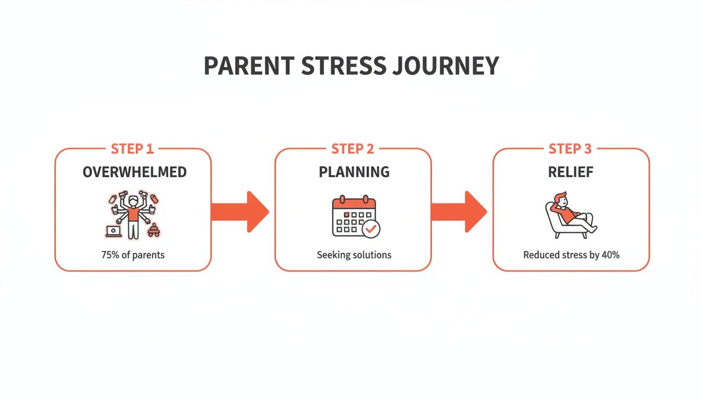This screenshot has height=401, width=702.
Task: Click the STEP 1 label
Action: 133,149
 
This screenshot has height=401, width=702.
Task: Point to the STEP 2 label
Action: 353,149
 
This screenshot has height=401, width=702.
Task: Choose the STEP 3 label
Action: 570,149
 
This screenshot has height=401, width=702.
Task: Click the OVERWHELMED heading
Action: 134,172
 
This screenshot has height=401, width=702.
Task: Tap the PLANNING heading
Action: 354,172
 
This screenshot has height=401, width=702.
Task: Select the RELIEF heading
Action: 571,172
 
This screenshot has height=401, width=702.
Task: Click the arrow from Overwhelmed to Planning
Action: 240,211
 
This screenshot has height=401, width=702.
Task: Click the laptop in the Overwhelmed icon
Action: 113,231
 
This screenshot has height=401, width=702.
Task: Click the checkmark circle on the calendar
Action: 371,228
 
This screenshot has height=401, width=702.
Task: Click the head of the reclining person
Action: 560,199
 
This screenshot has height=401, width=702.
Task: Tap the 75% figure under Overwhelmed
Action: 110,255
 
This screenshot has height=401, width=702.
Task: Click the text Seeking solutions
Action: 354,255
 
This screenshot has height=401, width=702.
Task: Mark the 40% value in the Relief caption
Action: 610,255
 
